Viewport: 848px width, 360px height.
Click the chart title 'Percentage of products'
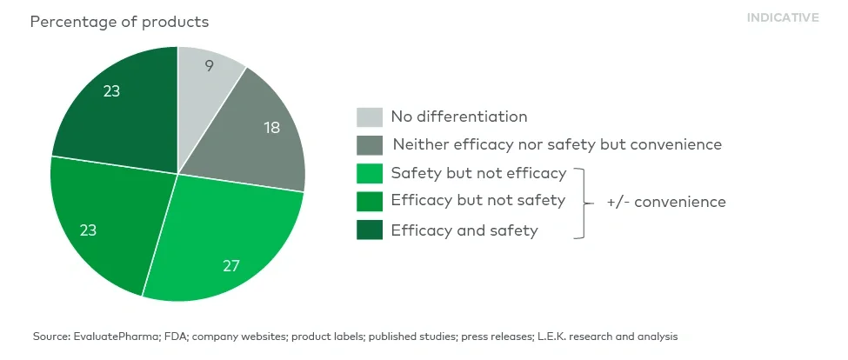pos(119,21)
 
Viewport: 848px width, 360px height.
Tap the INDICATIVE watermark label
pos(782,17)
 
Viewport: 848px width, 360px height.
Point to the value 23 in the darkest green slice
pos(111,90)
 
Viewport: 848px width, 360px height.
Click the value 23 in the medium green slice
pos(88,230)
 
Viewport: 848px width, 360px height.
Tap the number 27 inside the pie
pos(230,265)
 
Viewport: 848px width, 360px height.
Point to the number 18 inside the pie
pos(273,127)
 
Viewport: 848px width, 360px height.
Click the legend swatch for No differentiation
pos(369,117)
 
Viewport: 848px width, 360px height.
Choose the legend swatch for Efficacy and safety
pos(369,230)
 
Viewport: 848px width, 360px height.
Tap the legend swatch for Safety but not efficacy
pos(369,173)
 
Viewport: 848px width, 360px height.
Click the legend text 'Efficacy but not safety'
pos(477,201)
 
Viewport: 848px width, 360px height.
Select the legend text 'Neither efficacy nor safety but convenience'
pos(557,144)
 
